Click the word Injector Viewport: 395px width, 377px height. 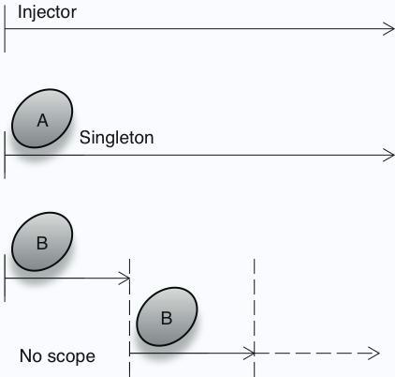click(47, 13)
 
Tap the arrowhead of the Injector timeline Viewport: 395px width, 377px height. click(388, 29)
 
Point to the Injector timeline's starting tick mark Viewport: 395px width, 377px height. click(5, 29)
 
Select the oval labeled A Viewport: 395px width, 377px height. click(42, 118)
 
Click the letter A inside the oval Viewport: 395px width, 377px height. click(43, 120)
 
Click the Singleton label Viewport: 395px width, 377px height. click(117, 138)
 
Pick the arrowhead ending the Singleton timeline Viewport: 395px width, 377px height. click(388, 155)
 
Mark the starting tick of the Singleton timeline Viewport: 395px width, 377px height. click(5, 155)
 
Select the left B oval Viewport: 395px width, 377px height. click(42, 241)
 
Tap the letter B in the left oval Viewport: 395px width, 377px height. click(42, 243)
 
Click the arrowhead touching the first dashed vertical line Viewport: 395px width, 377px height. click(124, 279)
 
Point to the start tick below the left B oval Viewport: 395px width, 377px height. click(5, 279)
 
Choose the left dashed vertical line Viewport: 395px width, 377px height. click(129, 318)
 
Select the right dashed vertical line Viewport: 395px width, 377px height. click(255, 318)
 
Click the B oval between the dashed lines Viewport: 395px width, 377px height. click(167, 316)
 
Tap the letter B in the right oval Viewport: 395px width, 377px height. click(167, 318)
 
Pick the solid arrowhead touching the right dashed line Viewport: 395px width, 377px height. click(249, 354)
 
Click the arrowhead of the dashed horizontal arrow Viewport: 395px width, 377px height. click(373, 354)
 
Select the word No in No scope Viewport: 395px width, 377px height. click(31, 355)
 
